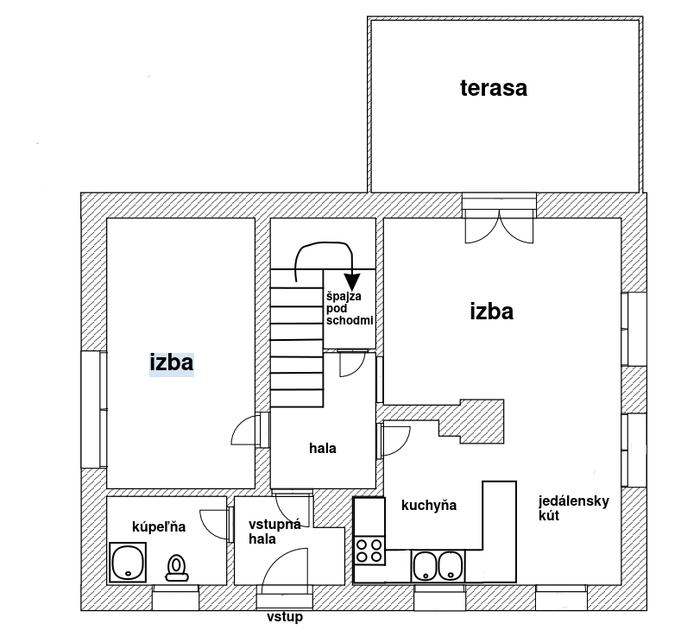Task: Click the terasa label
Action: (494, 88)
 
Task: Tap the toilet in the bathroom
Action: (177, 568)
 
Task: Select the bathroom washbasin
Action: (128, 562)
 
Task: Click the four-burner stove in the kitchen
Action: (369, 551)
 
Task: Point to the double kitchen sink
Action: (438, 566)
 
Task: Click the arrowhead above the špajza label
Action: (352, 281)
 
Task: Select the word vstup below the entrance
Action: (285, 617)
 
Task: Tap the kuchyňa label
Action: (429, 506)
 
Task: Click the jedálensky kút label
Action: (574, 508)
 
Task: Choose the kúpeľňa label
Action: (159, 527)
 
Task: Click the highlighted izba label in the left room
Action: (172, 362)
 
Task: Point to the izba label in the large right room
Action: (492, 312)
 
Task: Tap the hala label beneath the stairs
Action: (323, 449)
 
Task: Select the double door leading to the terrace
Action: (500, 227)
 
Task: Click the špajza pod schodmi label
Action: (350, 308)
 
